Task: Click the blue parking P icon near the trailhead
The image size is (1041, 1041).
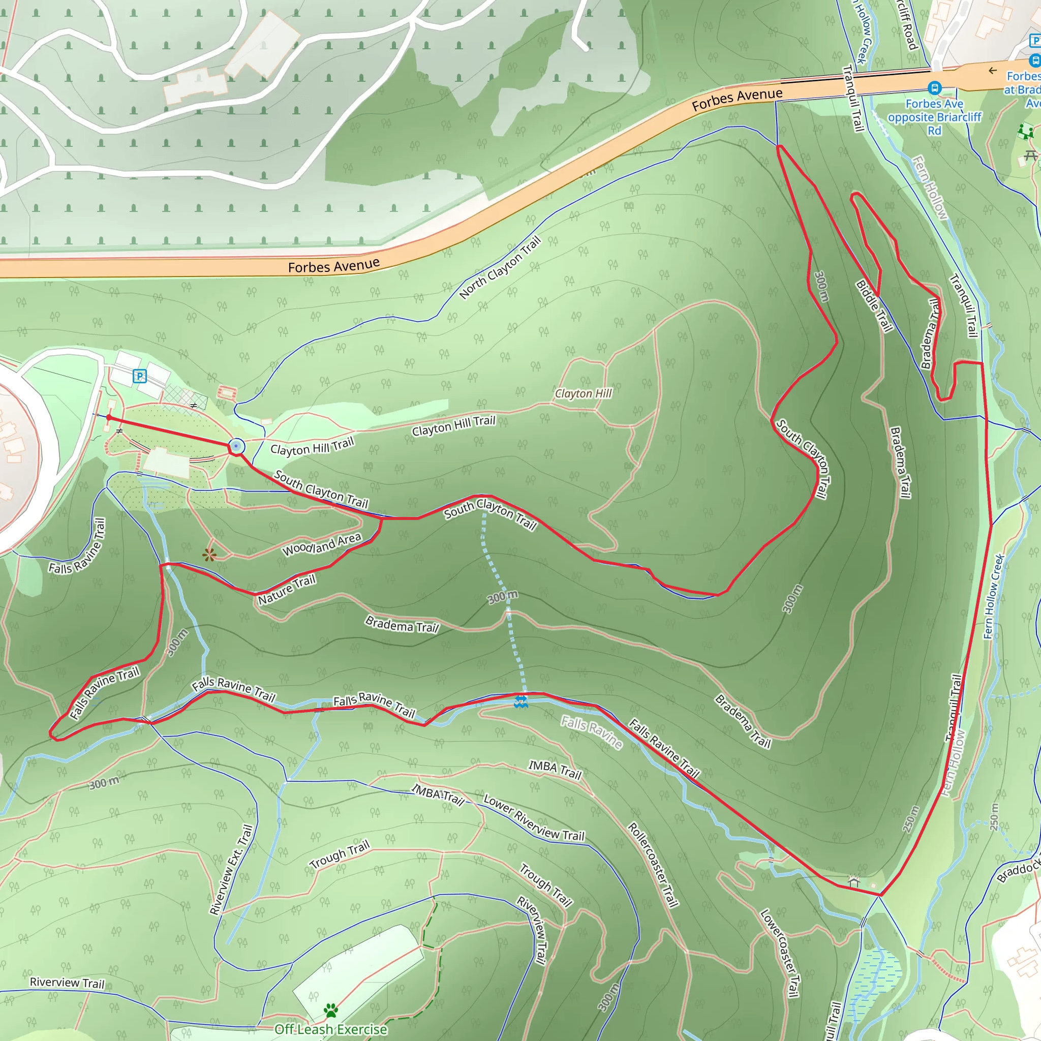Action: point(140,376)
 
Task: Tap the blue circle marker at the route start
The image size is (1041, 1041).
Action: point(236,446)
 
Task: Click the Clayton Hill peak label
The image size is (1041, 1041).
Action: point(584,394)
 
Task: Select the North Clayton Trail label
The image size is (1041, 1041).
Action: point(500,268)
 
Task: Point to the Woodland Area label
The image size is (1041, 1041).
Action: point(322,545)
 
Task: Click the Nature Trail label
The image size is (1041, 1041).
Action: point(287,589)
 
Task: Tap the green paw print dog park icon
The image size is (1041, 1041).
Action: point(331,1011)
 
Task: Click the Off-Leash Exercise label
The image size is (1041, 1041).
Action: point(331,1029)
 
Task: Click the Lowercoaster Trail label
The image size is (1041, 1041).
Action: point(779,953)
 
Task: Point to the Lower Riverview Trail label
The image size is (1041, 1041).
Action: point(533,817)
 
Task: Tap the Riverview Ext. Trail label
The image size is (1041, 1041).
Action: point(231,870)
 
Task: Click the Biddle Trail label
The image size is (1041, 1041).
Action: point(874,305)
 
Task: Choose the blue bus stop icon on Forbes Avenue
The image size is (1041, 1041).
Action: point(935,87)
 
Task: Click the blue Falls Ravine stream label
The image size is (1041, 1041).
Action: point(592,732)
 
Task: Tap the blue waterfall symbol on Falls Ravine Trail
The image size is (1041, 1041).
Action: point(520,701)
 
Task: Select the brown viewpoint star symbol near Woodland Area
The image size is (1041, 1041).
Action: point(209,555)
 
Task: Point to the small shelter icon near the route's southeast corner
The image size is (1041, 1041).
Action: point(853,881)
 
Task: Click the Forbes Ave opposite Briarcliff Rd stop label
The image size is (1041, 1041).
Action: point(935,117)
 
